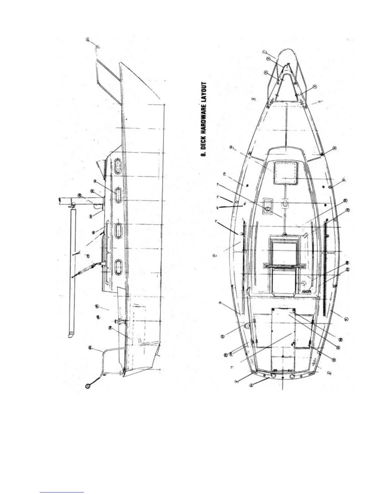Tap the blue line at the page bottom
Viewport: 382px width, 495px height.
point(62,492)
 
